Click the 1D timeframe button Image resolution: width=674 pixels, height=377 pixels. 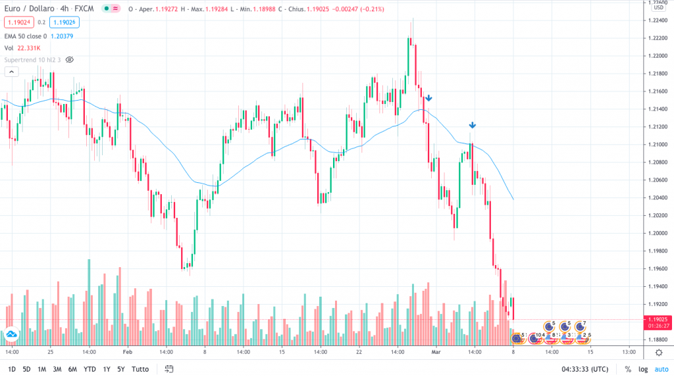pyautogui.click(x=12, y=369)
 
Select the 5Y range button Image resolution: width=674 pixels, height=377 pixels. pyautogui.click(x=120, y=369)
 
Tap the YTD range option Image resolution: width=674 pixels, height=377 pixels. pyautogui.click(x=90, y=369)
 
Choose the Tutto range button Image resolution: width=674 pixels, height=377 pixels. pyautogui.click(x=141, y=369)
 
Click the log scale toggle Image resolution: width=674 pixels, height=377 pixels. pyautogui.click(x=642, y=369)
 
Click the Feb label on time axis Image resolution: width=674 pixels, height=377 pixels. pyautogui.click(x=127, y=352)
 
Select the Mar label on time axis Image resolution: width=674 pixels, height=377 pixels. pyautogui.click(x=435, y=352)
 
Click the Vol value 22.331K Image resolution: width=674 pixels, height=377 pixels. pyautogui.click(x=28, y=48)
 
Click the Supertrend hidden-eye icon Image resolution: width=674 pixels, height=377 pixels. pyautogui.click(x=70, y=59)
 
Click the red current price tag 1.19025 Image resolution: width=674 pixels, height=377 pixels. pyautogui.click(x=658, y=319)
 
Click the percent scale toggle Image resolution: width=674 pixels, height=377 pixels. pyautogui.click(x=627, y=369)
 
